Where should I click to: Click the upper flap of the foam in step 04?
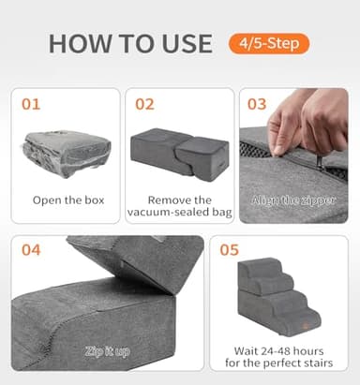[x=131, y=258]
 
